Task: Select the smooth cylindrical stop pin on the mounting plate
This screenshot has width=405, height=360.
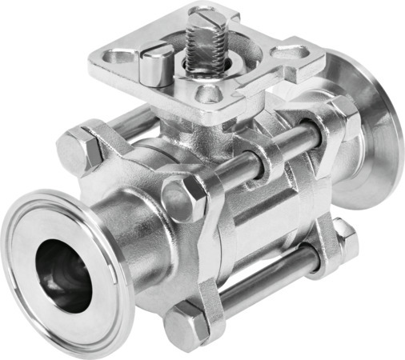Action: point(155,67)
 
